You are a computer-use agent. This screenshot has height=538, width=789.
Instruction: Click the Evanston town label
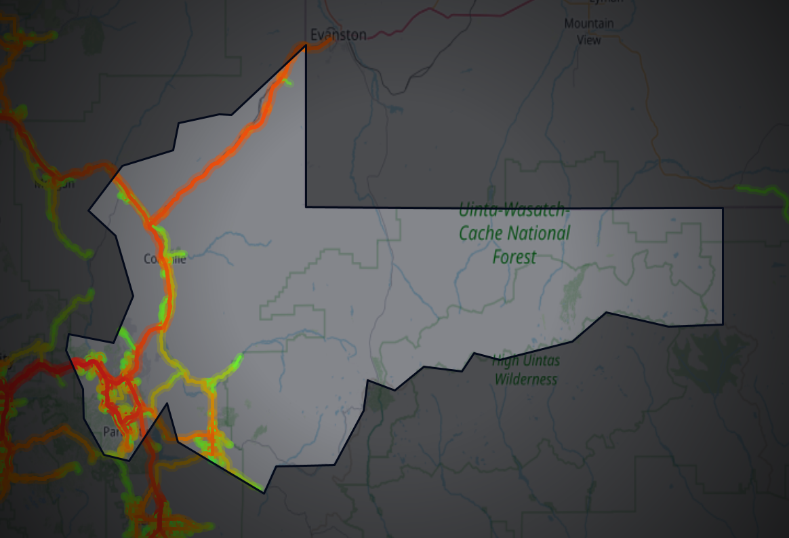[x=338, y=35]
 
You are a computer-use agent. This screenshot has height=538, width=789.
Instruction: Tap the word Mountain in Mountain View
[x=588, y=24]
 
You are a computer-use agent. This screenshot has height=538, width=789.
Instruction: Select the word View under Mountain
[x=588, y=40]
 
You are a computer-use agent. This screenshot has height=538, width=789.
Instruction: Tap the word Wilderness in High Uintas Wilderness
[x=525, y=379]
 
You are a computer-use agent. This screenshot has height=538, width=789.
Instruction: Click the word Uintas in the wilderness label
[x=540, y=361]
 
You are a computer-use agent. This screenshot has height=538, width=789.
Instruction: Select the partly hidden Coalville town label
[x=163, y=258]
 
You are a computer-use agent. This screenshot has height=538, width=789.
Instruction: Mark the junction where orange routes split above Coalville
[x=150, y=222]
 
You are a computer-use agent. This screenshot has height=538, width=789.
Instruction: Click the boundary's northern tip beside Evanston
[x=305, y=45]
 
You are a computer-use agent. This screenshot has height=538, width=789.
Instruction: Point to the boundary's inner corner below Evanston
[x=306, y=206]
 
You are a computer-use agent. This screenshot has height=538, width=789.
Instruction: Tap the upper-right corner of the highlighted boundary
[x=722, y=208]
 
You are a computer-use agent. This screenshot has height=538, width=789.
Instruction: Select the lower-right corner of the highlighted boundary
[x=722, y=324]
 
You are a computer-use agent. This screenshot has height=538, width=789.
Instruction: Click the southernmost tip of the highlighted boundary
[x=264, y=492]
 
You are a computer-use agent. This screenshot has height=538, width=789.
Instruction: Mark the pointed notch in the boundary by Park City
[x=166, y=405]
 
